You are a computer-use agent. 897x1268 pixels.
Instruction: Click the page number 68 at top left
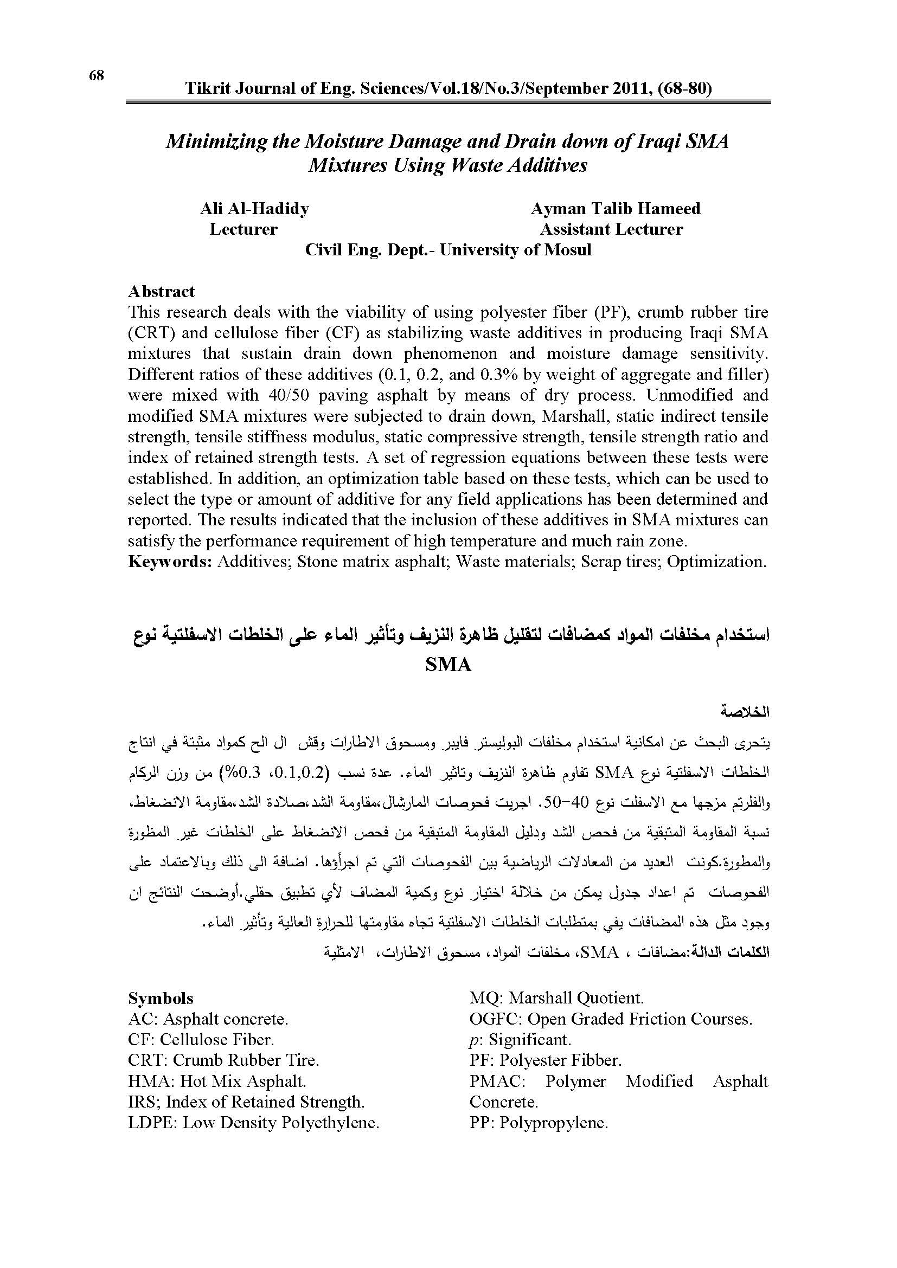(96, 76)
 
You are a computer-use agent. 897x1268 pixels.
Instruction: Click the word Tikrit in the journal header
(204, 88)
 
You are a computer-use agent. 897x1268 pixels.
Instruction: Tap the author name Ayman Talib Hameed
(616, 208)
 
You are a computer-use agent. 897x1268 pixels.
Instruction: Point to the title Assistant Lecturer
(611, 229)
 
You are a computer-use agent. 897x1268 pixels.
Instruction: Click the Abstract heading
(161, 291)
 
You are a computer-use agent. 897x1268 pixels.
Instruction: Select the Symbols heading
(161, 998)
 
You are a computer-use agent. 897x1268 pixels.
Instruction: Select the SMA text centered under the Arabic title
(448, 665)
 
